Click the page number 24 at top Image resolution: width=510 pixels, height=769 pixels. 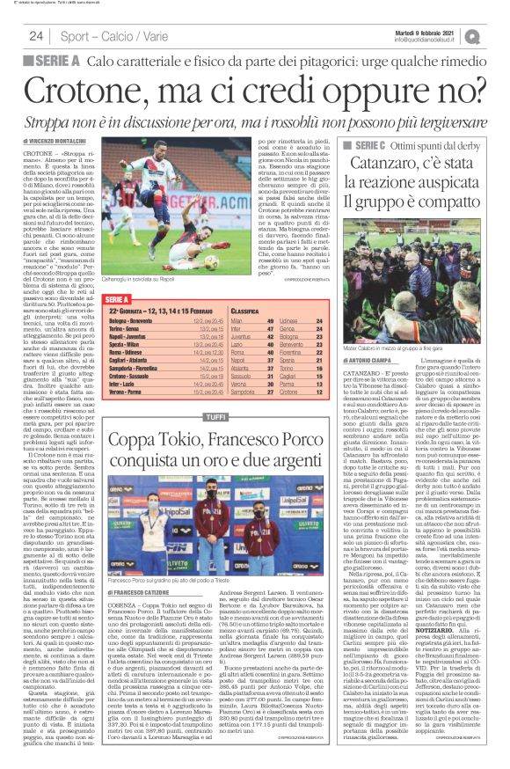click(36, 36)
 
